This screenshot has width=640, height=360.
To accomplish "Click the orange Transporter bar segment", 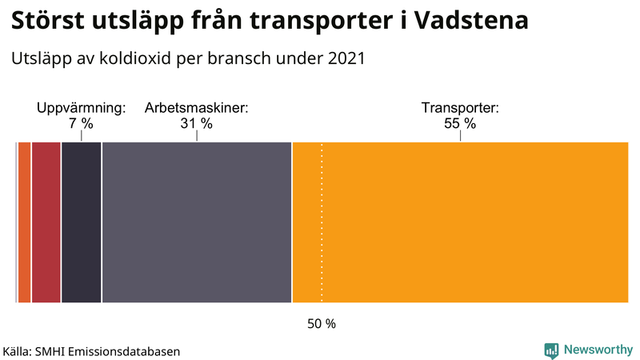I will click(x=460, y=222).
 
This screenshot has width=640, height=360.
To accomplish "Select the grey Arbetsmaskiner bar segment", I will click(x=197, y=222).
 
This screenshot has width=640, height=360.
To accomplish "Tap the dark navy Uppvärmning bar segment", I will click(x=81, y=222).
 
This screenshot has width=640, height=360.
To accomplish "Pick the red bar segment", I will click(x=46, y=222).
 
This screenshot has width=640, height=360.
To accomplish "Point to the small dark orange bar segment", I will click(x=24, y=222).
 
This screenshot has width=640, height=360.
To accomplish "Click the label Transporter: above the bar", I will click(x=460, y=107).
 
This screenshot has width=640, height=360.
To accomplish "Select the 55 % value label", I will click(x=460, y=124).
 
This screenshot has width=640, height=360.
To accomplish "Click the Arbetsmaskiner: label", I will click(x=196, y=107).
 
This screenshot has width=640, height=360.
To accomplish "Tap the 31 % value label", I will click(x=196, y=124).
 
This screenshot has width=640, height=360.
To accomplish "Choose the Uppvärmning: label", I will click(x=82, y=107).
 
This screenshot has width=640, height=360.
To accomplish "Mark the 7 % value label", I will click(x=82, y=124).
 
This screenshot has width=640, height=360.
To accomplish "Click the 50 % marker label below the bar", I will click(x=322, y=324).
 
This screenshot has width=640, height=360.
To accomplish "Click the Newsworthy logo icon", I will click(x=551, y=350).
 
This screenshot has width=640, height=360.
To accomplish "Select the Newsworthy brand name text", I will click(x=598, y=350).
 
